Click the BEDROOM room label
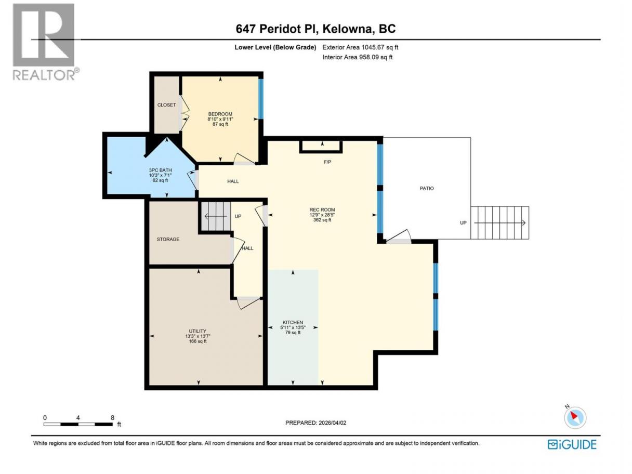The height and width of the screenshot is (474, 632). pos(220,114)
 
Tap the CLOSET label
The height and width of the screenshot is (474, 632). pos(166,105)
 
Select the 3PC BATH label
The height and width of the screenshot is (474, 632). pos(160,170)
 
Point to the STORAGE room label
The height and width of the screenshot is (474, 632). pos(168,239)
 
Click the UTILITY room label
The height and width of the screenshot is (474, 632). pos(197,331)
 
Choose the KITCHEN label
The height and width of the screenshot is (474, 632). pos(293,322)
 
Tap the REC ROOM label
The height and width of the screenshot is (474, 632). pos(322,210)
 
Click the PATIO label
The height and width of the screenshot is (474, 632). pos(426,188)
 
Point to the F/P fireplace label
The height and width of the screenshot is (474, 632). pos(327,162)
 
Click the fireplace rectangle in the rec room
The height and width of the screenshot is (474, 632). pos(321,147)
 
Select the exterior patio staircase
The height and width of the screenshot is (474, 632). pos(500,222)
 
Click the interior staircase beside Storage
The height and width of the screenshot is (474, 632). pos(216,216)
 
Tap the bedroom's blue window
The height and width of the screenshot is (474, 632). pos(261,99)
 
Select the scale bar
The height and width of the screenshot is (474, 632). pos(78,424)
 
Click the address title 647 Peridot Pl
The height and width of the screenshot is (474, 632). pos(277,29)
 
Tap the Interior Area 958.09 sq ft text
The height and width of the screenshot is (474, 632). pos(357,57)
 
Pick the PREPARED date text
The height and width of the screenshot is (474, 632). pos(315,423)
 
